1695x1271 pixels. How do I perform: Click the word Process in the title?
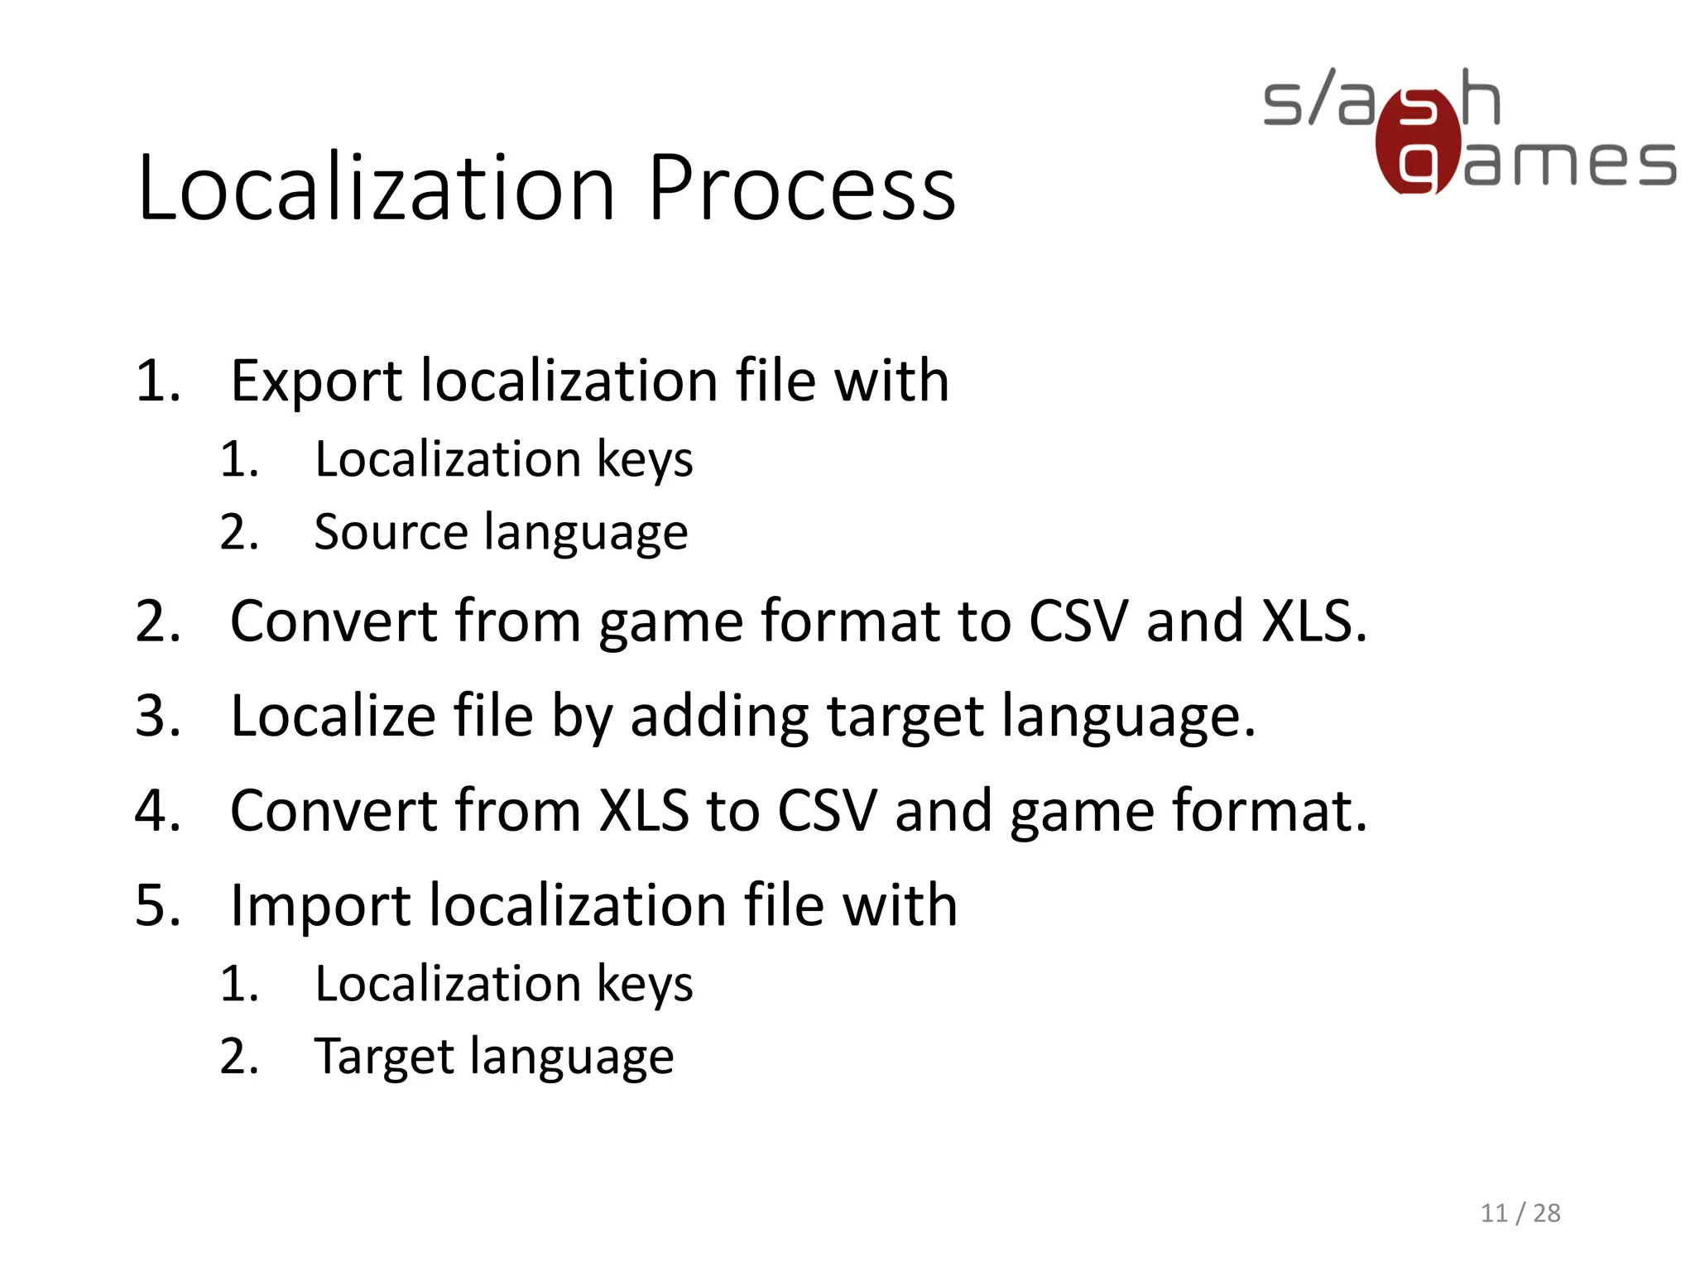(801, 189)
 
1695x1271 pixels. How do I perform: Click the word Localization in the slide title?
(377, 189)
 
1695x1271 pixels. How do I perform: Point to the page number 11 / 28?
(1520, 1213)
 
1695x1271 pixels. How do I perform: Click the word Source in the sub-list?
(391, 532)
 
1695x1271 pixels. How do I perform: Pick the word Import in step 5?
(319, 905)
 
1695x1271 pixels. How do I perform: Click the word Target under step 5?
(384, 1057)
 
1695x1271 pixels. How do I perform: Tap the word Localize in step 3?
(332, 716)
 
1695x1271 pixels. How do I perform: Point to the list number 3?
(157, 716)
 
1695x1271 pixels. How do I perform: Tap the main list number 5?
(157, 905)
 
